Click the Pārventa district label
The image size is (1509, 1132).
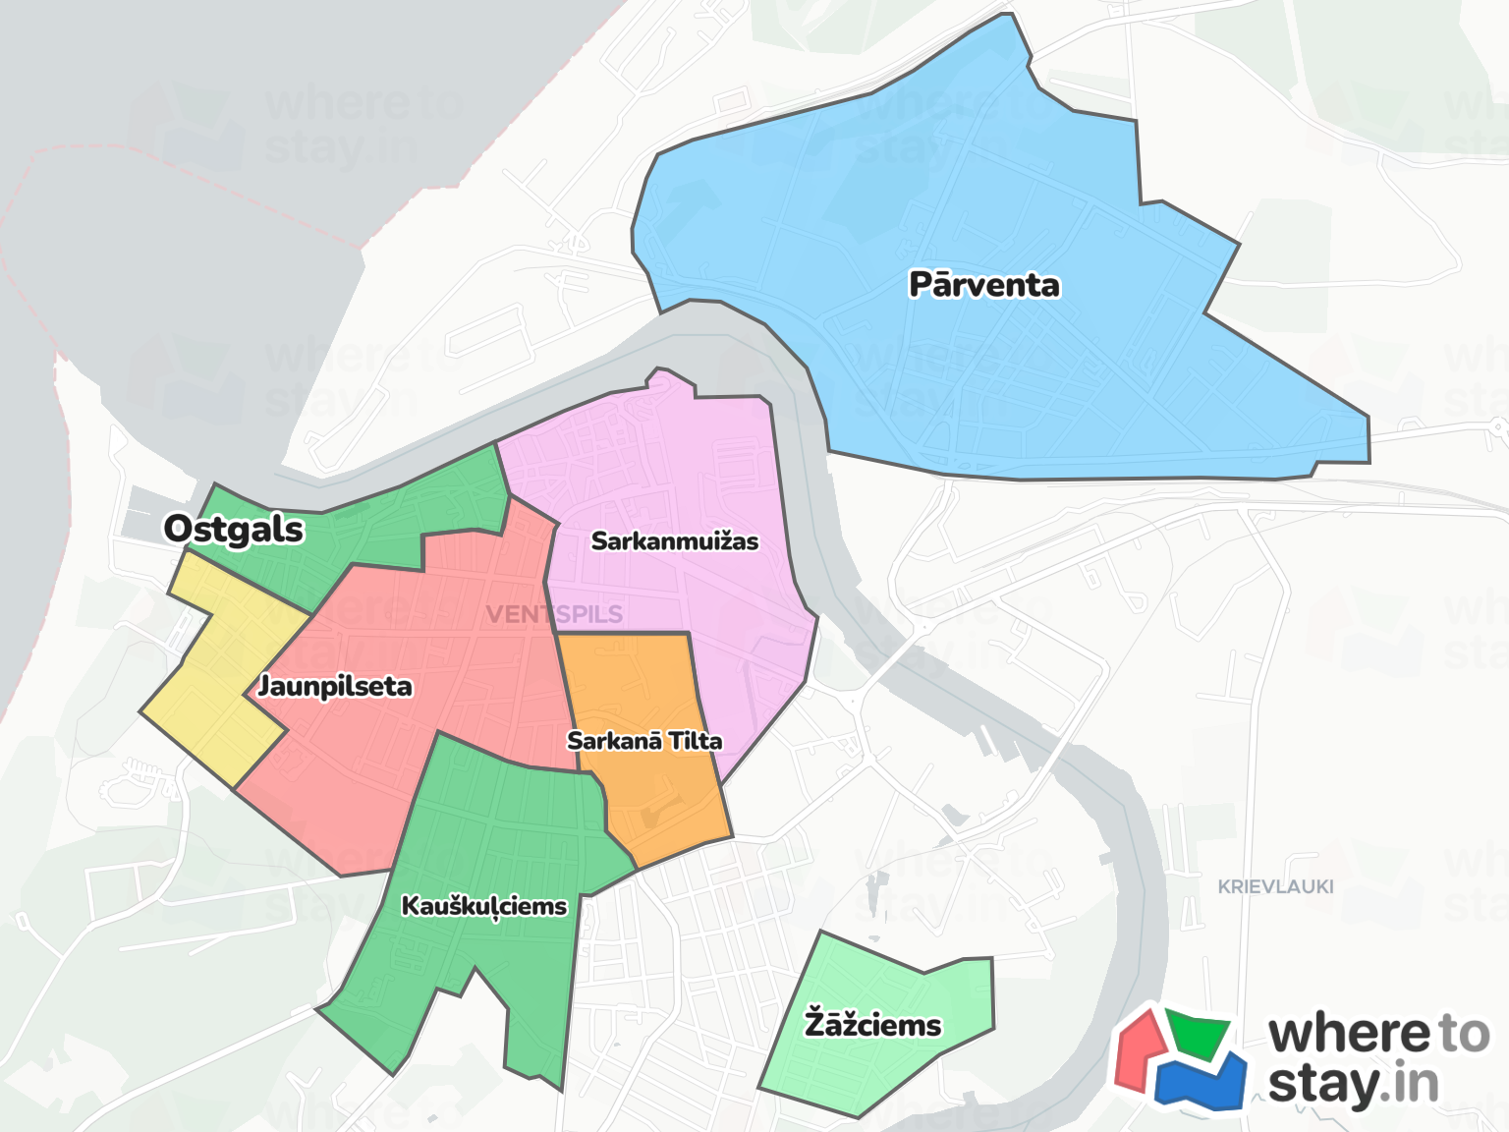pos(984,285)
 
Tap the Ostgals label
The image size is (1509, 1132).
pos(234,529)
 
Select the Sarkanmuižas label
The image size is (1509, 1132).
pos(675,541)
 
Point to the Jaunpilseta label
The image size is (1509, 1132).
pos(335,686)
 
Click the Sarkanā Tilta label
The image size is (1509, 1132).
pos(644,741)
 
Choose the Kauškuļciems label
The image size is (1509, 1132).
pos(484,906)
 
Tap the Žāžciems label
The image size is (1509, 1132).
pos(873,1025)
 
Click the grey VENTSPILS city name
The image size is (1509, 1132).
pos(554,615)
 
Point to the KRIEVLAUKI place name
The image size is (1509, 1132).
pos(1275,886)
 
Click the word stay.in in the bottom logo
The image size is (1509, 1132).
pos(1353,1085)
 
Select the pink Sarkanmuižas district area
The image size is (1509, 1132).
pos(688,462)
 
